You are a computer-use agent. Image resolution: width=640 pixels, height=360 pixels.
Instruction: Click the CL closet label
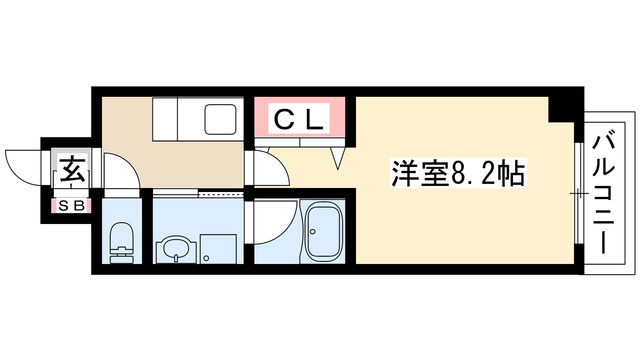pos(300,119)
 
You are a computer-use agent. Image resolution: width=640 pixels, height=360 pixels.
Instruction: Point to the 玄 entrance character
pos(73,167)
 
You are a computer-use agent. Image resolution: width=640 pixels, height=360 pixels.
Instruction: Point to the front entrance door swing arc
pos(25,162)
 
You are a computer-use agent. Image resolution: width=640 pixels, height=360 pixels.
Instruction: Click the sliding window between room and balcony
pos(578,190)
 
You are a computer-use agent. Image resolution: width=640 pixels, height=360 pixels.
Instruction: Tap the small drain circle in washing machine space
pos(206,257)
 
